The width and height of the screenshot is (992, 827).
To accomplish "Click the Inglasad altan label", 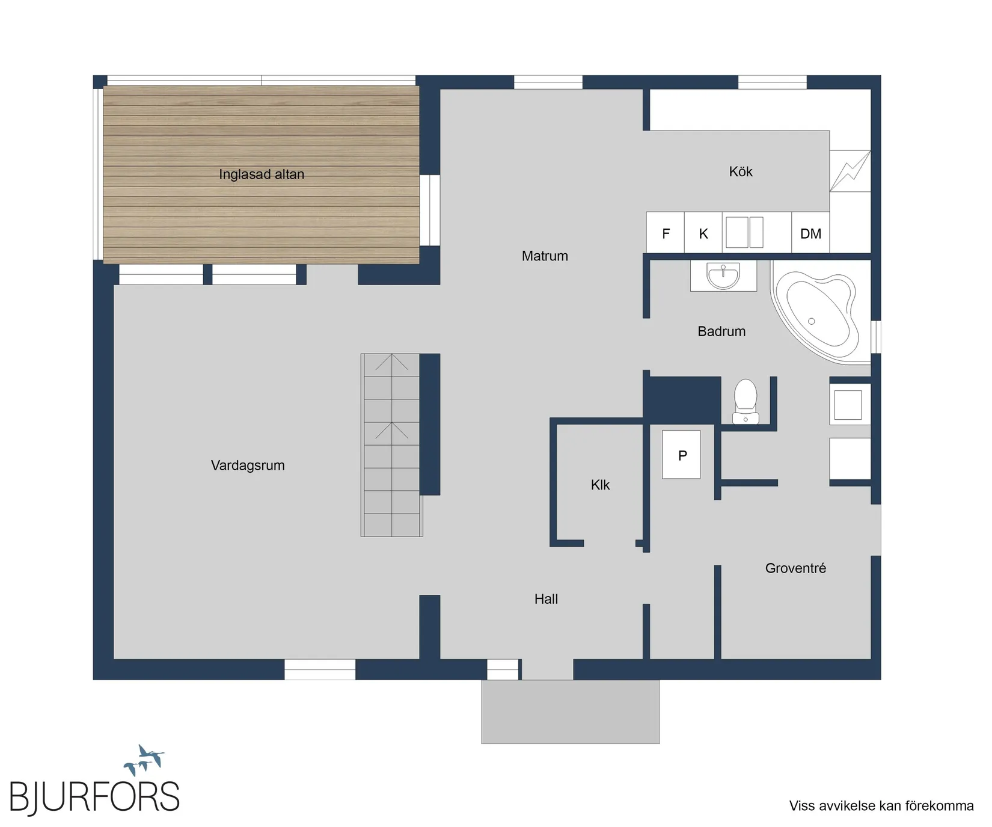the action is [x=262, y=174].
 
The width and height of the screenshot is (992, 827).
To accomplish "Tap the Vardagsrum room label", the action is [x=248, y=466].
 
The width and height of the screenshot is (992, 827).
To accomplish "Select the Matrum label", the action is [x=545, y=256].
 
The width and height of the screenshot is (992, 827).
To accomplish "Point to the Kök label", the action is [x=741, y=172].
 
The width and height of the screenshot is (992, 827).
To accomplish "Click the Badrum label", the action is [x=721, y=331].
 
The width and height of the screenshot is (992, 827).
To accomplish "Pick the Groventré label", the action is [x=795, y=568].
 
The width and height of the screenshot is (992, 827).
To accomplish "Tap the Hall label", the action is [x=546, y=599].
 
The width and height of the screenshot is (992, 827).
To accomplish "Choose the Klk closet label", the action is [x=600, y=485].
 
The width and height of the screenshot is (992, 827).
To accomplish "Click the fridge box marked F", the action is [x=666, y=233].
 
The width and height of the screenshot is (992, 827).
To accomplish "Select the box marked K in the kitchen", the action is [x=703, y=233].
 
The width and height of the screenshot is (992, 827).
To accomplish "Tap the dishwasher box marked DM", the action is [x=810, y=233].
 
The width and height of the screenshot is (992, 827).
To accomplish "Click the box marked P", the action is [x=681, y=455].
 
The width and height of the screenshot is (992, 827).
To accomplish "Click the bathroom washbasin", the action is [x=723, y=276].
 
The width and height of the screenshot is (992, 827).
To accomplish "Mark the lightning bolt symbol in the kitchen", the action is [x=850, y=171].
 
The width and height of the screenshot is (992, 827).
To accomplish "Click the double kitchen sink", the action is [x=744, y=232].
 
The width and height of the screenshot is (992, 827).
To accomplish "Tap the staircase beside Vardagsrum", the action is [x=391, y=445].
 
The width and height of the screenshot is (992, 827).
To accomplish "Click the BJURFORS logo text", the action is [x=94, y=798].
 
